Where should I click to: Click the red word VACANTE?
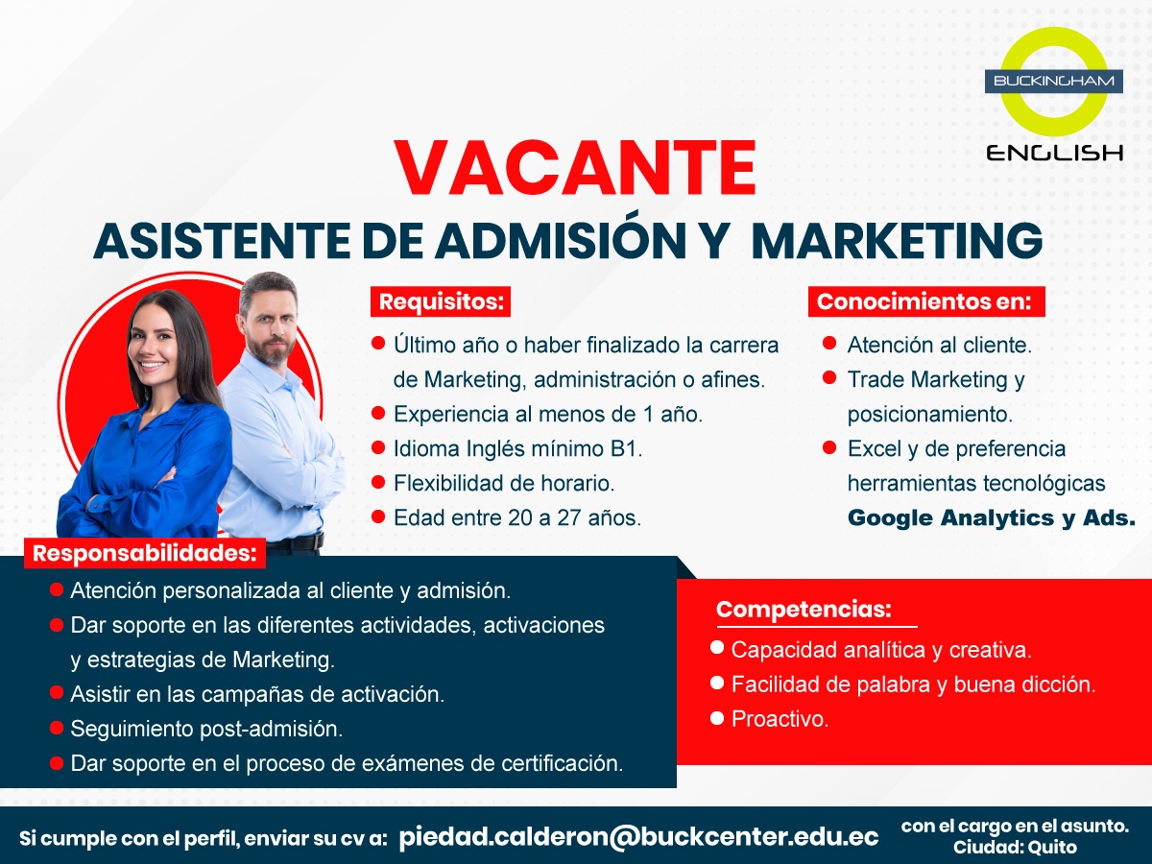click(575, 168)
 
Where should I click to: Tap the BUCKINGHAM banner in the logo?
click(1054, 82)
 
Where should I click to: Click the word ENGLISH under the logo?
click(1054, 154)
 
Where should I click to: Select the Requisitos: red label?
click(441, 301)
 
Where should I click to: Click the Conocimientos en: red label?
click(926, 301)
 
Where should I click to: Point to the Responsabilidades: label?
click(145, 554)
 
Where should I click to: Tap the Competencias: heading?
click(804, 609)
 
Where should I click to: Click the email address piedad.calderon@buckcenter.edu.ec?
click(638, 836)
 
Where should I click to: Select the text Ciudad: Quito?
click(1015, 847)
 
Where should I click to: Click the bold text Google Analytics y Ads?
click(992, 517)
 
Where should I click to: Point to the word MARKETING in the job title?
click(897, 240)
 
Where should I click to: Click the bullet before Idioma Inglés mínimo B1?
click(378, 447)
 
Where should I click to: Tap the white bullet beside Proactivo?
click(717, 717)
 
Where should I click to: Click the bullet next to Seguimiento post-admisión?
click(57, 728)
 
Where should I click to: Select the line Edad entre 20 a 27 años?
click(517, 517)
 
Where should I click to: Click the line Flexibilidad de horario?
click(504, 483)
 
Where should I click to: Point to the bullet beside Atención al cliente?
click(829, 344)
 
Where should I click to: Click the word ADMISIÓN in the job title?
click(561, 240)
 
